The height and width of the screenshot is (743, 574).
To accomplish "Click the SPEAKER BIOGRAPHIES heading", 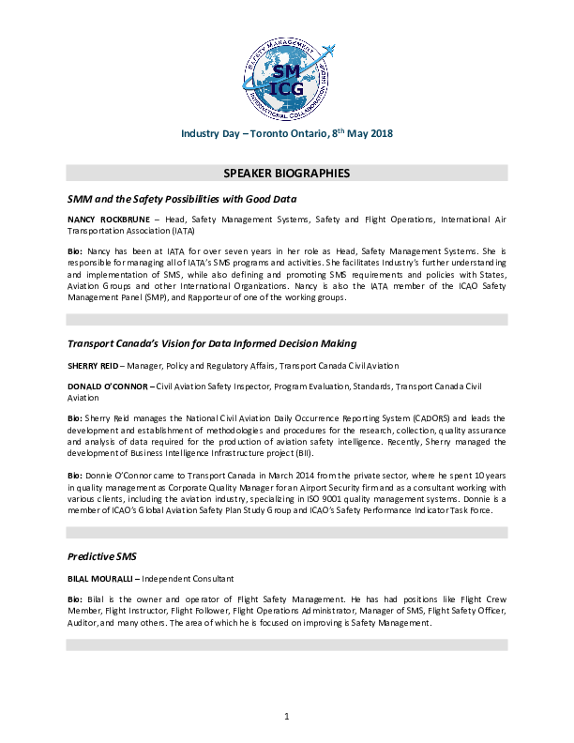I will point(287,174).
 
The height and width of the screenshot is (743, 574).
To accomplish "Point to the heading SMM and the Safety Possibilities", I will point(182,199).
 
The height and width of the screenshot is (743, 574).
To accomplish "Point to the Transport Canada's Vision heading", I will point(212,344).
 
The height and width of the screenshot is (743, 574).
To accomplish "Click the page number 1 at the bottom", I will point(287,718).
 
